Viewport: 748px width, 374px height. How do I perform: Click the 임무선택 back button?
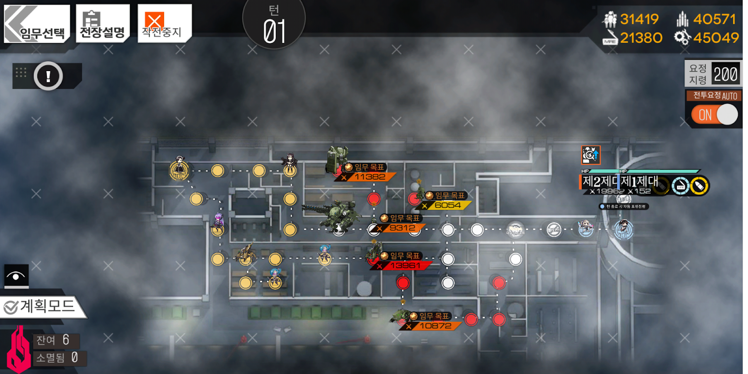(36, 24)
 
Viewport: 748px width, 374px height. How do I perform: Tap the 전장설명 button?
(102, 24)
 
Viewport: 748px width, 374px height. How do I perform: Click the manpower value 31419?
(639, 19)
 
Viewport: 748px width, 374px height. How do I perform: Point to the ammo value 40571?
(714, 19)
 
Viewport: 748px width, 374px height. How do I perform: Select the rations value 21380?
(641, 38)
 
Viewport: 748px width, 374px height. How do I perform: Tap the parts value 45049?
(716, 38)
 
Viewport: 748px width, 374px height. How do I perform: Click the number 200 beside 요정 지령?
(726, 74)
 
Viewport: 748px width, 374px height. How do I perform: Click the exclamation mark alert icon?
(48, 76)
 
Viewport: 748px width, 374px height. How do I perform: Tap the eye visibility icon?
(16, 276)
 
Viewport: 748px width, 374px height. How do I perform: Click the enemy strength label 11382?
(369, 177)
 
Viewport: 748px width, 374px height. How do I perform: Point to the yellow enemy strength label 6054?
(447, 205)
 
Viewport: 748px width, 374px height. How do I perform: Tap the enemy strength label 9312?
(402, 228)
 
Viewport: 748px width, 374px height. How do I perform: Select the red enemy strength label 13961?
(405, 266)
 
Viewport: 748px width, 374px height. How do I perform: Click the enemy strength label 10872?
(435, 326)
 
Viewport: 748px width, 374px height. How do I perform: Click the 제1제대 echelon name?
(639, 181)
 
